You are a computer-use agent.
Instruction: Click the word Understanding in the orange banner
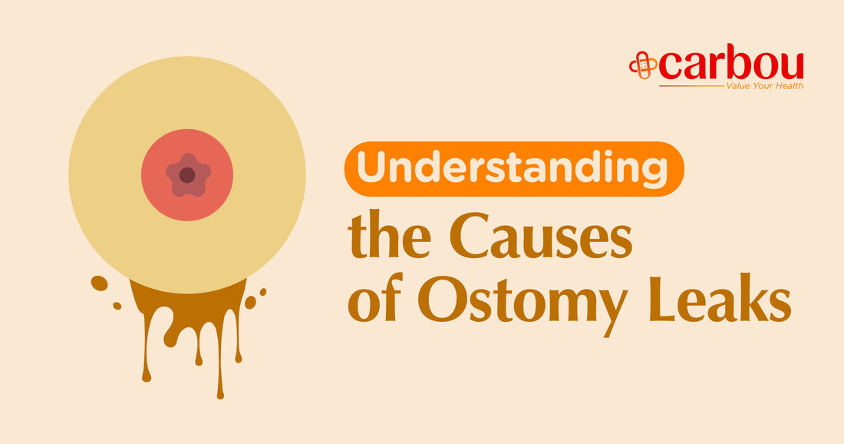click(x=512, y=169)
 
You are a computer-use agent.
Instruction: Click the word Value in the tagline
click(x=737, y=86)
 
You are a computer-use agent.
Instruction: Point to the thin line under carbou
click(x=691, y=86)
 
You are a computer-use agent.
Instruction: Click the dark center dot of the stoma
click(x=186, y=175)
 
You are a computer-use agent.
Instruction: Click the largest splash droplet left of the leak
click(x=99, y=283)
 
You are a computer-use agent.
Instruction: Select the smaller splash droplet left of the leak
click(x=117, y=306)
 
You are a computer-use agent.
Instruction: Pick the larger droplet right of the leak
click(x=250, y=303)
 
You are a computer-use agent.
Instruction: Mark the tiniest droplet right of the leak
click(x=262, y=292)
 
